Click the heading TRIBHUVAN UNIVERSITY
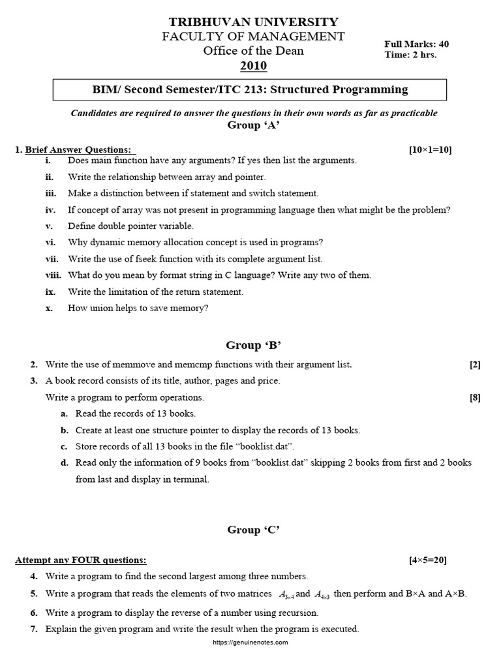[x=254, y=22]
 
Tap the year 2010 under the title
[x=253, y=66]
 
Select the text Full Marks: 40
[x=416, y=44]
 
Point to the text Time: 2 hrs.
[x=411, y=55]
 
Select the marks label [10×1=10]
[x=430, y=149]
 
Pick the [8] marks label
[x=475, y=397]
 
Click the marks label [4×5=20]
[x=428, y=560]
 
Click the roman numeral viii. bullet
[x=53, y=275]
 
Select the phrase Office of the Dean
[x=254, y=51]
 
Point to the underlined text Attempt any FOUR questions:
[x=81, y=560]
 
